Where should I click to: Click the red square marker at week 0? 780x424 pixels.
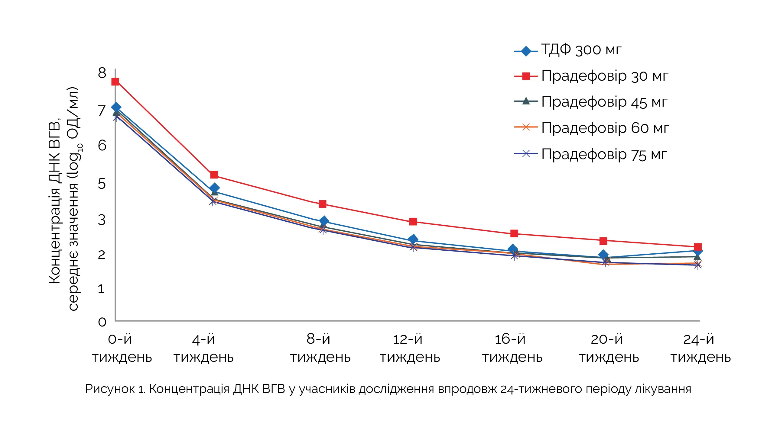(x=115, y=82)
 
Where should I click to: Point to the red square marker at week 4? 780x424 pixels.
(x=214, y=175)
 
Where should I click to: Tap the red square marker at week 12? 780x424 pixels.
(x=413, y=222)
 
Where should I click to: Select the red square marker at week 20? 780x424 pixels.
(x=603, y=241)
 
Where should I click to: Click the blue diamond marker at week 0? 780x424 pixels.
(x=116, y=108)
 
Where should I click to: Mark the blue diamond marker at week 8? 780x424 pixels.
(x=324, y=221)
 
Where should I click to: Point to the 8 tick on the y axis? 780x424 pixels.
(x=102, y=73)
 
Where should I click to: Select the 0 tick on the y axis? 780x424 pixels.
(x=102, y=322)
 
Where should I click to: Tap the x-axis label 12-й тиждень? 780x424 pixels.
(x=409, y=348)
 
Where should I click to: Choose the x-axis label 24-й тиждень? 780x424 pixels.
(x=700, y=348)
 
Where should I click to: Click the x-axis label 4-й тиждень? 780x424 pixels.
(x=203, y=348)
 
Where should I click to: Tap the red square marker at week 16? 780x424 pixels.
(x=514, y=233)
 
